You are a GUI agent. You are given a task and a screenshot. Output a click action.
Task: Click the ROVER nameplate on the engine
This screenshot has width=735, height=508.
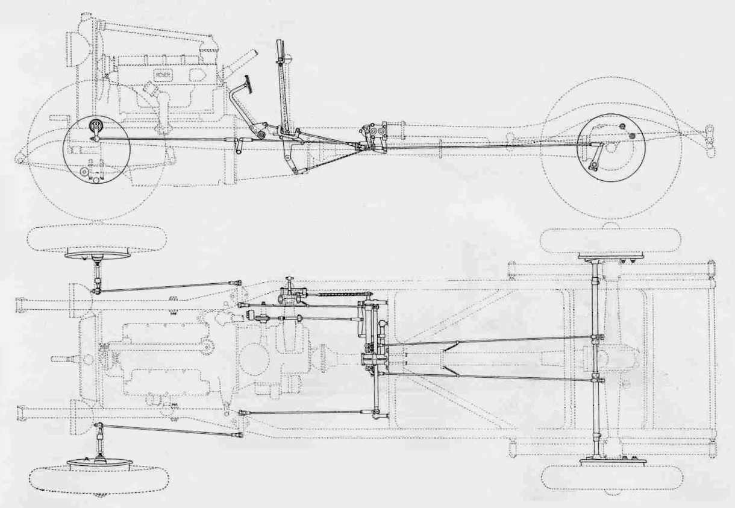[x=161, y=75]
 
